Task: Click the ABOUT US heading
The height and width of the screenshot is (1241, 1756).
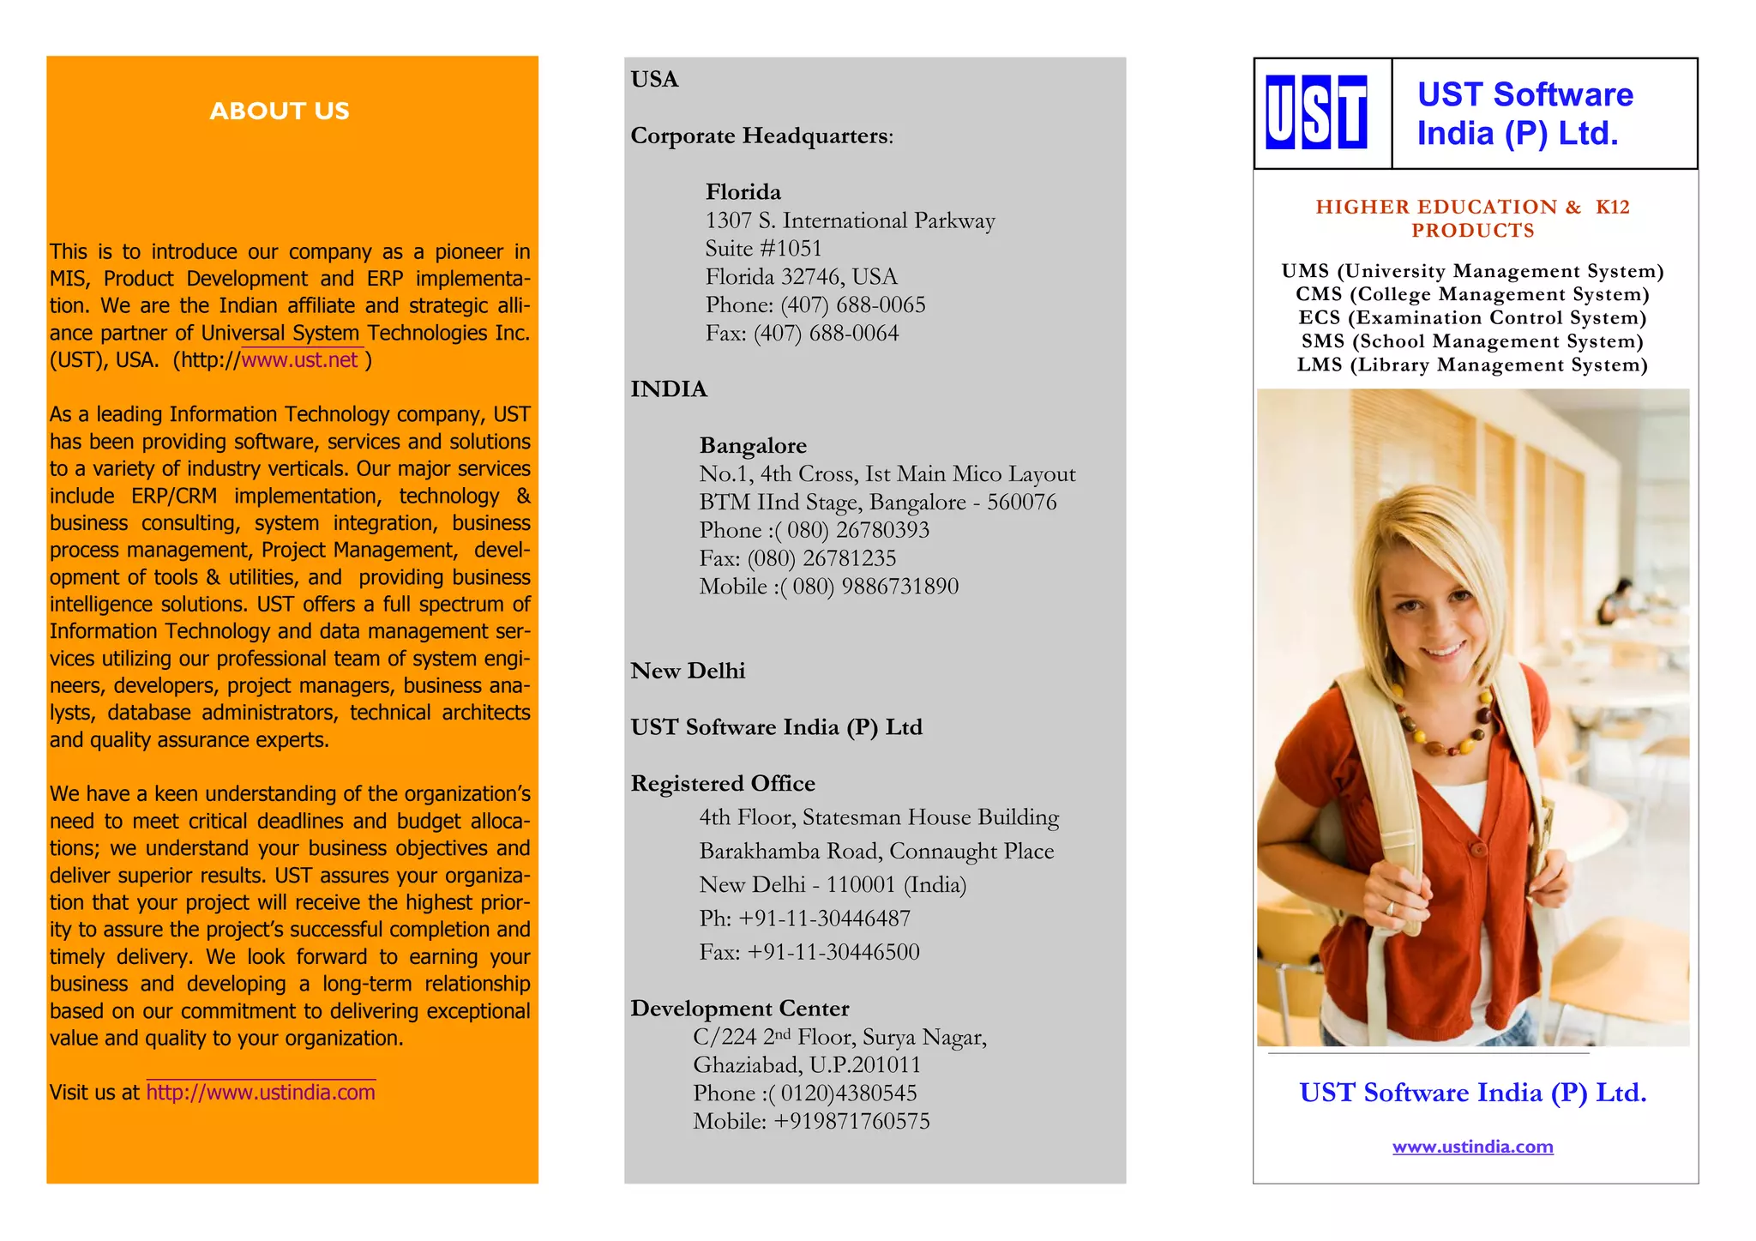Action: point(280,111)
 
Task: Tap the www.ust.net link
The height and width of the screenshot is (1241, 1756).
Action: point(299,359)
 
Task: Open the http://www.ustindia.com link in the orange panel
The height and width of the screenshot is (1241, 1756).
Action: point(261,1092)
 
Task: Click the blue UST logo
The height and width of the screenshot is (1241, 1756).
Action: point(1316,112)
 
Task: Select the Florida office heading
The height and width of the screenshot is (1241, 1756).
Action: point(743,191)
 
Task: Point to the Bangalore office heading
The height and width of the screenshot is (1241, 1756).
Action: point(753,445)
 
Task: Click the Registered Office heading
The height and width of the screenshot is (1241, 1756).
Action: point(722,783)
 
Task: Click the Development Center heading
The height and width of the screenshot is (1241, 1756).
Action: point(739,1008)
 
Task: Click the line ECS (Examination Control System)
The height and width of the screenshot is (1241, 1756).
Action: point(1472,317)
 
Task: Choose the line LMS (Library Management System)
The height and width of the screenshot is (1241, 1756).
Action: point(1472,364)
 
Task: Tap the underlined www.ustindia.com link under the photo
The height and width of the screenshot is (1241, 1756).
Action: point(1472,1147)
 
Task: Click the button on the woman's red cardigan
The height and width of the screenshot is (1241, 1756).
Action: point(1477,849)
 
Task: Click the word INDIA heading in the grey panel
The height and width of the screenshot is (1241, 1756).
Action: point(669,389)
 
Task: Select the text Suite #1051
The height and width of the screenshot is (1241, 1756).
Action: point(763,249)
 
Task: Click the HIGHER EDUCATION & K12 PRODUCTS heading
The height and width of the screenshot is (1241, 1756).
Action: point(1472,218)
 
